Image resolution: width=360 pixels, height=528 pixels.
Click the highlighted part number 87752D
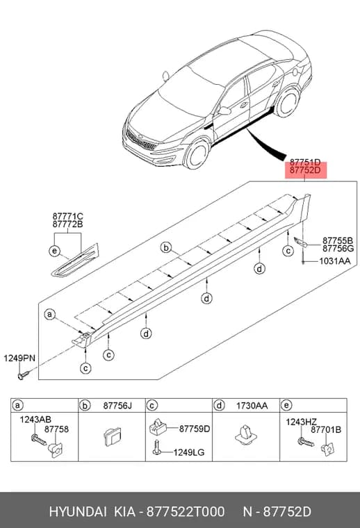point(305,170)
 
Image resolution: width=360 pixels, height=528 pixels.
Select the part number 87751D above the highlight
point(305,163)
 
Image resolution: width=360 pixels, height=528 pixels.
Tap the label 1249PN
point(19,358)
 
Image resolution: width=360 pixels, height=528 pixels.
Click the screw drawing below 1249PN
point(24,374)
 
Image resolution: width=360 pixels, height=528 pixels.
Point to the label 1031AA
point(335,261)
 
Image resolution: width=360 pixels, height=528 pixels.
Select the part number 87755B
point(338,240)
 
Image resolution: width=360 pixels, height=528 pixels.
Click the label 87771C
point(67,216)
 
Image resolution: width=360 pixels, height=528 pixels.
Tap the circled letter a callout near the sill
point(50,315)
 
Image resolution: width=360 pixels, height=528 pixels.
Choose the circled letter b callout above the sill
point(166,248)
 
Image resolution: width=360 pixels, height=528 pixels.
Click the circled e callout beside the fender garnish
point(54,251)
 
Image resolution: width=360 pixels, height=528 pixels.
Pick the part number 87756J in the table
point(117,406)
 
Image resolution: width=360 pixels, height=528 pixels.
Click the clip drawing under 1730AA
point(246,435)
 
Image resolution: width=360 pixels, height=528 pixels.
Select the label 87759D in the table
point(195,429)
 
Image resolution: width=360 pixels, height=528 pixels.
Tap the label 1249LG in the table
point(189,452)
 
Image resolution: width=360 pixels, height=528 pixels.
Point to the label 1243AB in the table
point(35,419)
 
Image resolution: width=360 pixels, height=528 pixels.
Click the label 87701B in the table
point(326,429)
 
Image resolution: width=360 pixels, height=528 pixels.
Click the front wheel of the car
point(197,154)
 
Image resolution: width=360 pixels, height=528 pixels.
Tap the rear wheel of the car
point(286,102)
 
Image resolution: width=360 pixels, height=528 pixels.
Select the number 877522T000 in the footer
point(186,512)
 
